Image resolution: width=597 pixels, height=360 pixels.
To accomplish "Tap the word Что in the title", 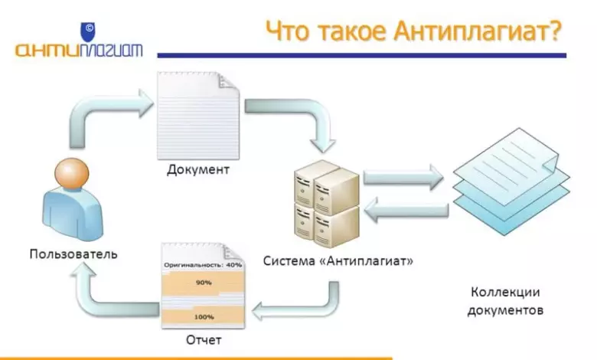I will tap(290, 33).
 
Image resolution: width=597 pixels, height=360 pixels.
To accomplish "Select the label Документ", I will tap(197, 169).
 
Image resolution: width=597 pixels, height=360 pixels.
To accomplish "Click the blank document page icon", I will tap(197, 115).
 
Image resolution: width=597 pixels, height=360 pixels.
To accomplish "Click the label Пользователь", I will tap(73, 253).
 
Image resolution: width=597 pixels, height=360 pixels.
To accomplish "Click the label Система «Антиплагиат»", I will tap(338, 260).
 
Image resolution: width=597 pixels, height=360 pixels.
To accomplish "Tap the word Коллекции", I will tap(505, 293).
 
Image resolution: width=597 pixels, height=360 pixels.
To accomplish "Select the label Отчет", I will tap(203, 339).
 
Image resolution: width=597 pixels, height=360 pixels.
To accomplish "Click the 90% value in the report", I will tap(203, 283).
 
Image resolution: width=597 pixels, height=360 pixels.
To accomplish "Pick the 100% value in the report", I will tap(203, 316).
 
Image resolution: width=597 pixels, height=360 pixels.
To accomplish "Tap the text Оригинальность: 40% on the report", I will tap(203, 265).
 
